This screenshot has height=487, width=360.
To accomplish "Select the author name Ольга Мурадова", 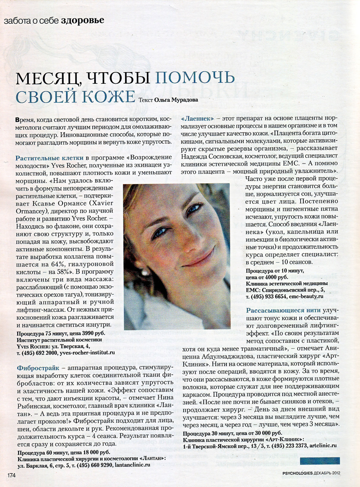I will [x=176, y=100].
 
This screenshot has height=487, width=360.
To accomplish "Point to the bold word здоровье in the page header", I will [x=82, y=20].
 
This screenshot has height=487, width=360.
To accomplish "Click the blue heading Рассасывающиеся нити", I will [x=283, y=310].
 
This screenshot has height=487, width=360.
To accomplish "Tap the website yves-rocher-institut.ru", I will [x=87, y=353].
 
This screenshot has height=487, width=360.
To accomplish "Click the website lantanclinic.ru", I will [x=132, y=465].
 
